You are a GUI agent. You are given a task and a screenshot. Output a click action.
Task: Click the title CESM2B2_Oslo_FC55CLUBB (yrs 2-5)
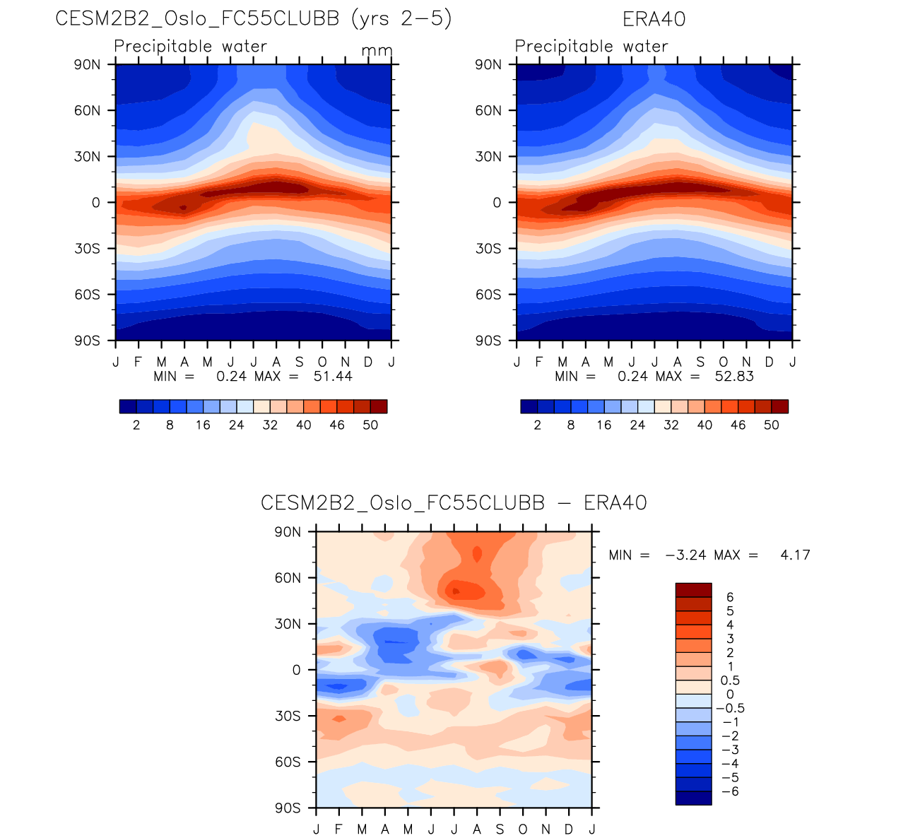coord(253,19)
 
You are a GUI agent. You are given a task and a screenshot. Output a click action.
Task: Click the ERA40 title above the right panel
coord(654,19)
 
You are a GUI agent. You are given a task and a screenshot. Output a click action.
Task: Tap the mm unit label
coord(377,52)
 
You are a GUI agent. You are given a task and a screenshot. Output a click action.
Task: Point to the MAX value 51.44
coord(333,376)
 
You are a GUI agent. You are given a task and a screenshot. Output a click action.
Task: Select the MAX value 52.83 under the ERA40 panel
coord(734,376)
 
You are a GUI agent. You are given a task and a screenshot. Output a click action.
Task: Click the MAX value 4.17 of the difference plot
coord(795,555)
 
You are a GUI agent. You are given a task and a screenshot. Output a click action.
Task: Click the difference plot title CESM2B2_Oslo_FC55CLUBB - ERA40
coord(454,503)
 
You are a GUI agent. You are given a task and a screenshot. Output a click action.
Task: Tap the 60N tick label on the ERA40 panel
coord(488,110)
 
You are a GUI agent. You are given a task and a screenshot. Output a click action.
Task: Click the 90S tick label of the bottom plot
coord(288,808)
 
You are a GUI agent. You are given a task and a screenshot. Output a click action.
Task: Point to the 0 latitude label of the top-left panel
coord(95,203)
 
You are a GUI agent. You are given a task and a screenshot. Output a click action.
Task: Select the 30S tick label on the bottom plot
coord(288,716)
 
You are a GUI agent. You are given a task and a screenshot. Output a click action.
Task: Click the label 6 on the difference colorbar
coord(730,597)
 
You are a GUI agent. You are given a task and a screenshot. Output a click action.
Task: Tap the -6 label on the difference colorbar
coord(731,791)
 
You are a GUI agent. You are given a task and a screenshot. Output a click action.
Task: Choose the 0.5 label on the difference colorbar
coord(730,680)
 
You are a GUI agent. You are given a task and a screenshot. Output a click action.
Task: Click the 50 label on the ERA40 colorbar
coord(772,425)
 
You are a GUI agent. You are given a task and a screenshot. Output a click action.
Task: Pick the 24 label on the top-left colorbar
coord(236,425)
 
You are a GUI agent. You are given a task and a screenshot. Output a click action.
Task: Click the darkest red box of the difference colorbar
coord(693,590)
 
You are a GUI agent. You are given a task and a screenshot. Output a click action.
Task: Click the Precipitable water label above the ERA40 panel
coord(591,47)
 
